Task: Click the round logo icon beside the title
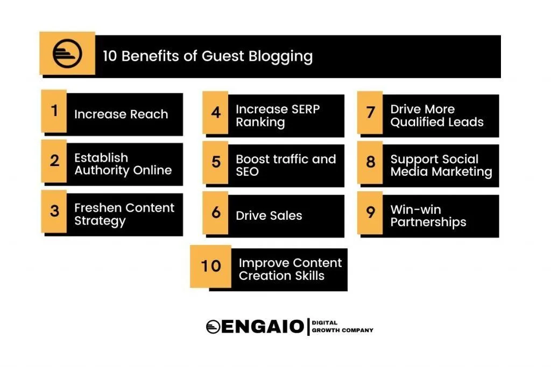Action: tap(67, 54)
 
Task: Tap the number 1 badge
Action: tap(54, 111)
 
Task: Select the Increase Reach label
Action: tap(121, 114)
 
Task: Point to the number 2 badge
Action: tap(54, 161)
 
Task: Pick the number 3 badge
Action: tap(54, 211)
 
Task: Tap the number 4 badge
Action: tap(216, 112)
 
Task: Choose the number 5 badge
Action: tap(216, 162)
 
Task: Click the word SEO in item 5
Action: tap(247, 172)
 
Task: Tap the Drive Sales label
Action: tap(269, 215)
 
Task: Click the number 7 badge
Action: tap(370, 112)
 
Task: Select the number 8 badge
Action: tap(370, 162)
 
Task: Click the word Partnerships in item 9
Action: tap(428, 222)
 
